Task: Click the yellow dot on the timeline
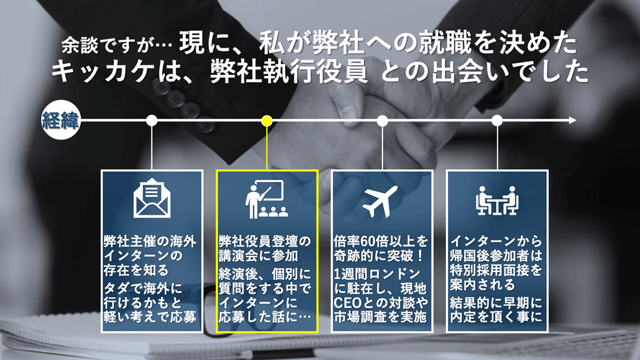click(267, 121)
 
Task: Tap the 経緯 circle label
click(61, 120)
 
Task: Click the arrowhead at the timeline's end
click(573, 121)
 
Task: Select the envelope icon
click(152, 198)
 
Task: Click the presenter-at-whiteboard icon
click(266, 199)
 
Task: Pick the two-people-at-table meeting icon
click(497, 201)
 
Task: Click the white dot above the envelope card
click(151, 121)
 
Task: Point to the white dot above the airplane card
click(382, 121)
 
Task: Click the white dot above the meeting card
click(497, 121)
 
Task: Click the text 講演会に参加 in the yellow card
click(259, 256)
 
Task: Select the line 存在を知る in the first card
click(137, 270)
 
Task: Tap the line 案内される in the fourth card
click(482, 285)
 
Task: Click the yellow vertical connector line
click(267, 148)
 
